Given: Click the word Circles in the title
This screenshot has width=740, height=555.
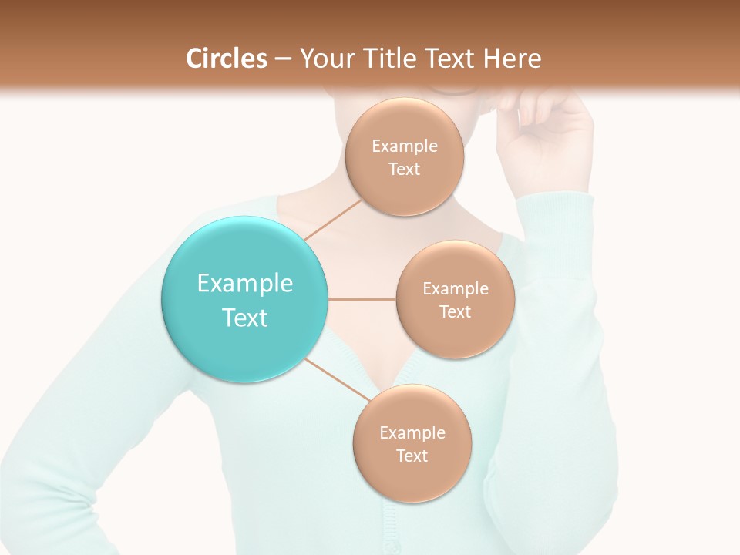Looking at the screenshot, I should tap(226, 59).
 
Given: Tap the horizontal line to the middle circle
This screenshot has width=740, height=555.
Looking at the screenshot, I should tap(362, 299).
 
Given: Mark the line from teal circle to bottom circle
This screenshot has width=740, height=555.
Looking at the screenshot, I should tap(338, 379).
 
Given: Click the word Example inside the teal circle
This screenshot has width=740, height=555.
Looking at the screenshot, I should tap(244, 284).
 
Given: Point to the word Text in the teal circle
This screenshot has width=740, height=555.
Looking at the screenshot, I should tap(244, 318).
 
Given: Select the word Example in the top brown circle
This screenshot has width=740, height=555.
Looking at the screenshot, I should tap(404, 146).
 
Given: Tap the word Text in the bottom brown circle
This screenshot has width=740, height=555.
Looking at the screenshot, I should tap(412, 456).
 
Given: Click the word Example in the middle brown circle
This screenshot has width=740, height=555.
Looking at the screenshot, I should tap(455, 289).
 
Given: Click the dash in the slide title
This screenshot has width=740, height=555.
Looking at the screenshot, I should tap(282, 59).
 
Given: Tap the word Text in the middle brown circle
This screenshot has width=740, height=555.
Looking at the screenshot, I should tap(455, 311).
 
